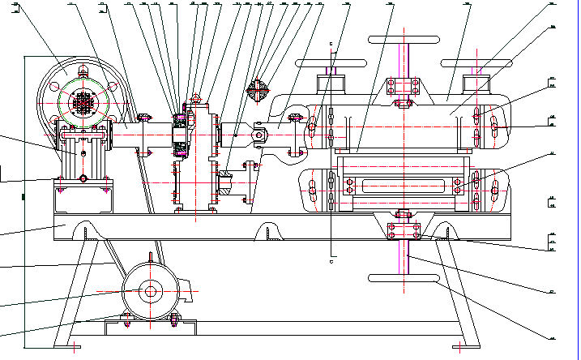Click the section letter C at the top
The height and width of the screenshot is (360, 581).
331,43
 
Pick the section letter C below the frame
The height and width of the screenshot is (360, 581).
331,261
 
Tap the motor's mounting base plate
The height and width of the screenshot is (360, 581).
151,326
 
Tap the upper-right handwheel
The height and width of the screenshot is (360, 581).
476,63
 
